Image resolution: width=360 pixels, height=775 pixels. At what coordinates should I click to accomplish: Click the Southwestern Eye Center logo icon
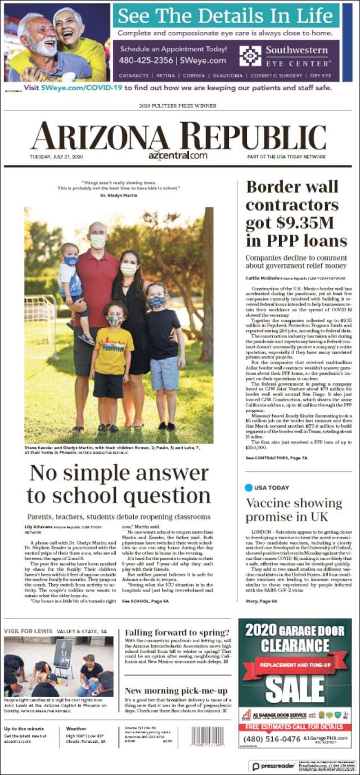coord(250,56)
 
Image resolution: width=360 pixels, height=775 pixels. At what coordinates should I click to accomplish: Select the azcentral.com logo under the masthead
coord(178,155)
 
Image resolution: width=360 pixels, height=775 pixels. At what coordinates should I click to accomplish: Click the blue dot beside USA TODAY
coord(249,487)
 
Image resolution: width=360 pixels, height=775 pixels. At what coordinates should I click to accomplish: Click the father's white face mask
coord(98,241)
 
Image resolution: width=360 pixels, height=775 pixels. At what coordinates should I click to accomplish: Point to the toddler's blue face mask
coord(70,261)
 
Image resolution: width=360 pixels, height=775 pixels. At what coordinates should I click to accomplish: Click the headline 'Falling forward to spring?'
coord(177,632)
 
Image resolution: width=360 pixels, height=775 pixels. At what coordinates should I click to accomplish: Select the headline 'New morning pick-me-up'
coord(176,691)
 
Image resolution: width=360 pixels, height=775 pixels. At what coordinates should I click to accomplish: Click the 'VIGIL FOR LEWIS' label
coord(28,631)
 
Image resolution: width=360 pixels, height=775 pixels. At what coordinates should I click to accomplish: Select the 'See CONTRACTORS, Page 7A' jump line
coord(276,458)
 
